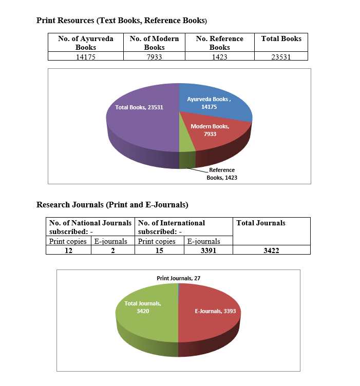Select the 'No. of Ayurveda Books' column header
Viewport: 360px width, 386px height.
[x=86, y=43]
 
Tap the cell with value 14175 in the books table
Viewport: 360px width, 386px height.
[x=86, y=57]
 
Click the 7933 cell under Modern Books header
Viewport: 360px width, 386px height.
[x=154, y=57]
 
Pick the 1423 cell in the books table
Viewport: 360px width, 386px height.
[x=219, y=57]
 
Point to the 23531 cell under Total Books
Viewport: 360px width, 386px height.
[x=281, y=57]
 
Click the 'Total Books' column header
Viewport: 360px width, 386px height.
[x=281, y=39]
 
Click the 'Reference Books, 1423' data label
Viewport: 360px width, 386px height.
[x=221, y=173]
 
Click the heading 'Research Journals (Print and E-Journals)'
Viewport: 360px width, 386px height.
[x=112, y=205]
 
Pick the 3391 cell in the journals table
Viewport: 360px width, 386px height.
[x=208, y=250]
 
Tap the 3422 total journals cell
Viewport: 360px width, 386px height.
[x=271, y=250]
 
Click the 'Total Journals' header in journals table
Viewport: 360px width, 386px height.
[x=261, y=223]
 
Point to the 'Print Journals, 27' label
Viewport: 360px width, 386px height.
[x=178, y=278]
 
